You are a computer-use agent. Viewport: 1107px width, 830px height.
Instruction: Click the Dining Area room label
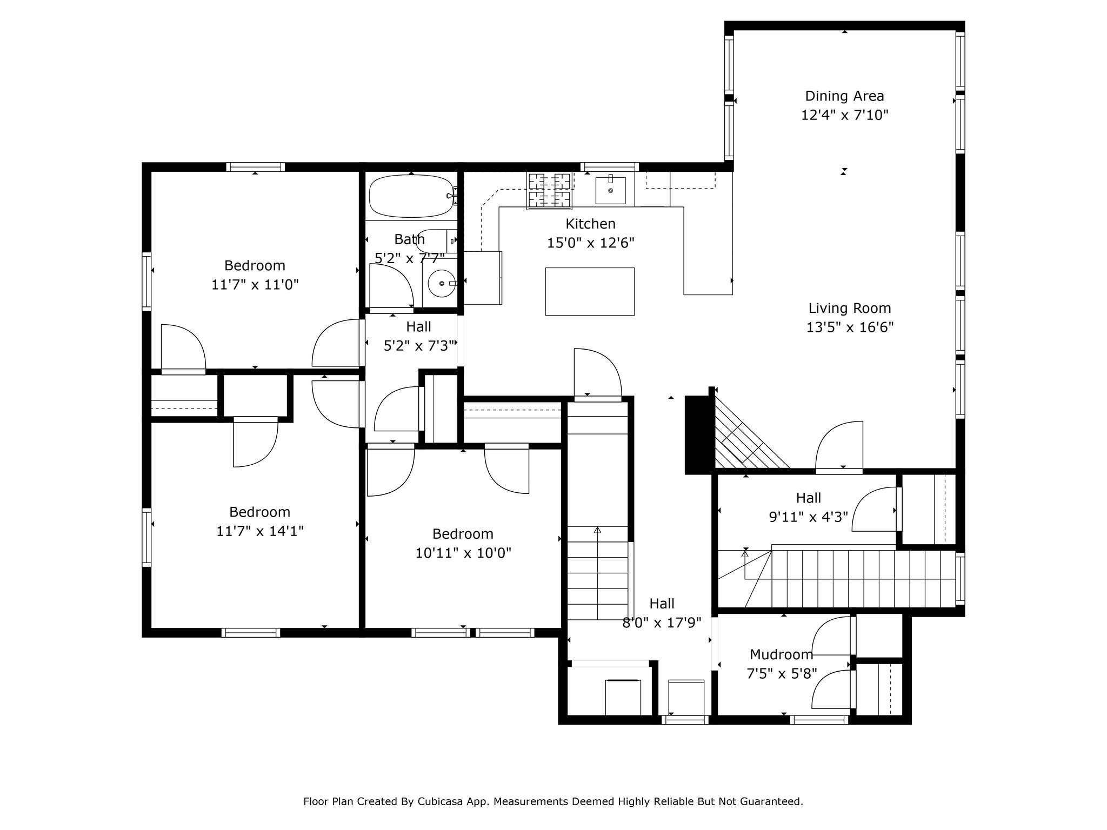pyautogui.click(x=844, y=96)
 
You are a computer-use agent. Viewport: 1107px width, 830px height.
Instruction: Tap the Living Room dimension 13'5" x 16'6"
pyautogui.click(x=850, y=327)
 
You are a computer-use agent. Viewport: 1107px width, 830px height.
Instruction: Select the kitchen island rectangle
pyautogui.click(x=590, y=291)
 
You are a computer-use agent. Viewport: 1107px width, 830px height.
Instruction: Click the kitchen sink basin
pyautogui.click(x=610, y=190)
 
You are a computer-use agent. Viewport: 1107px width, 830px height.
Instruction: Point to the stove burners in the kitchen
pyautogui.click(x=550, y=190)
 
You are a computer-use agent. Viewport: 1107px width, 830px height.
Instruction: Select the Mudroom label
pyautogui.click(x=781, y=655)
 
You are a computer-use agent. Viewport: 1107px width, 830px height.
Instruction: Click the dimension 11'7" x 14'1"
pyautogui.click(x=260, y=531)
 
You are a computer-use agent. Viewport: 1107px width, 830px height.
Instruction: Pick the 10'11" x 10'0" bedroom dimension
pyautogui.click(x=463, y=553)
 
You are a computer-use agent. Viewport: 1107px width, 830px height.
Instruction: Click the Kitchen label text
pyautogui.click(x=590, y=224)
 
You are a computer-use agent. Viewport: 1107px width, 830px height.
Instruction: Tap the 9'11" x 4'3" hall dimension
pyautogui.click(x=809, y=517)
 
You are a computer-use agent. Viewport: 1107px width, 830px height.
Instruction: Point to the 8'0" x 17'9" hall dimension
pyautogui.click(x=662, y=623)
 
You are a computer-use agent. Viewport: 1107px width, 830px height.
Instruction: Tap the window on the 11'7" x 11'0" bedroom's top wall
pyautogui.click(x=255, y=167)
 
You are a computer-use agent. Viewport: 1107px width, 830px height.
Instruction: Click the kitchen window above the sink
pyautogui.click(x=610, y=167)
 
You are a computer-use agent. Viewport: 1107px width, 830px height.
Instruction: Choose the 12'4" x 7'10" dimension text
pyautogui.click(x=844, y=115)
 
